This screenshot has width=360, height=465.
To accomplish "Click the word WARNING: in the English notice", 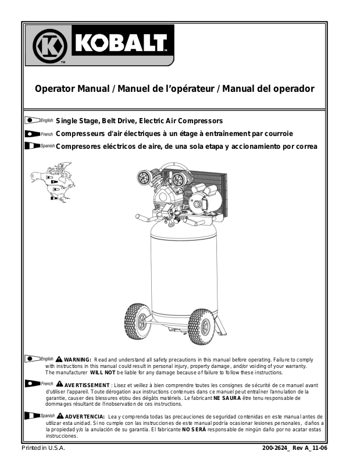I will point(77,360).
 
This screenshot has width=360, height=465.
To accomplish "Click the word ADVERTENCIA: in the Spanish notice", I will point(85,417).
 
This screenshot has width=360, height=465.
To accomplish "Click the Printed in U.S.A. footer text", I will point(44,449).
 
